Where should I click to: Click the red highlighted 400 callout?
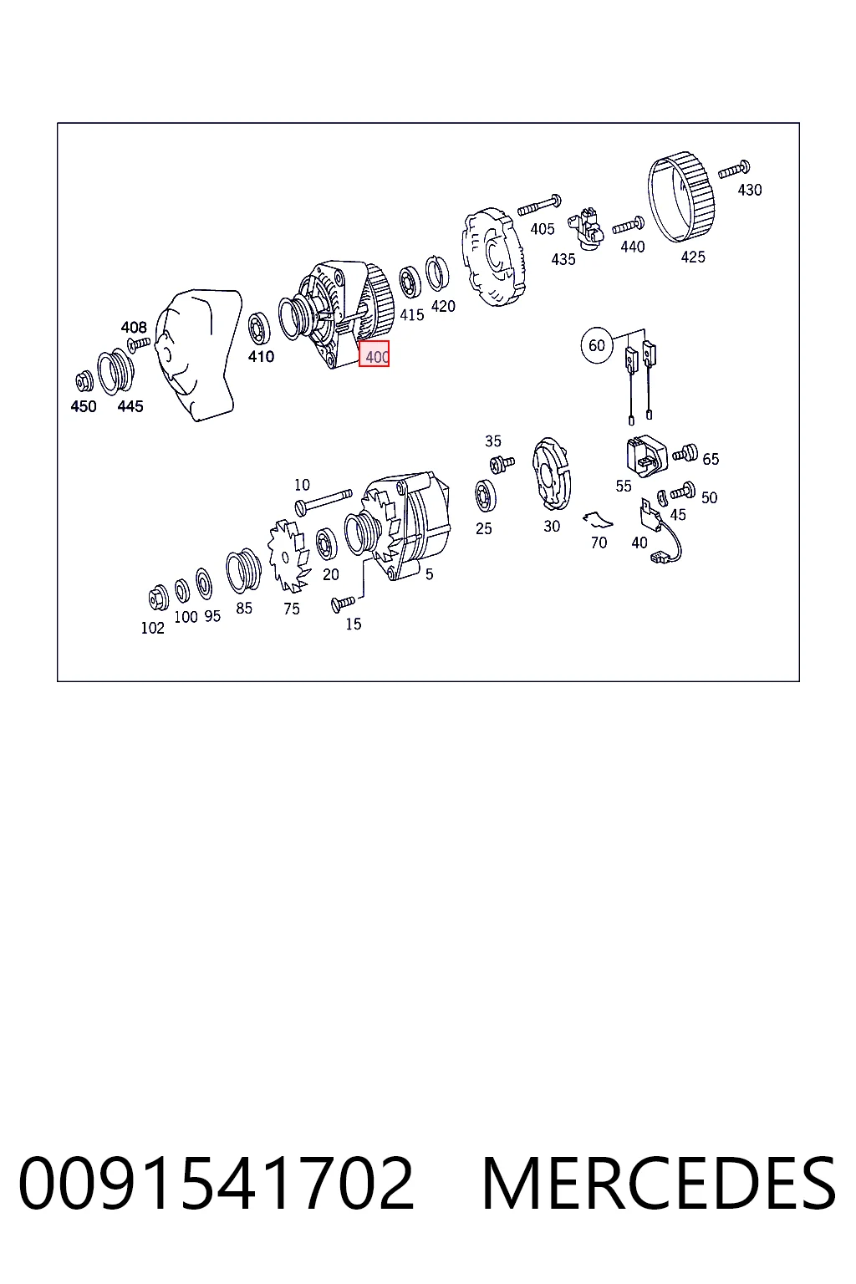coord(374,354)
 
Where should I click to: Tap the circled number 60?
coord(597,345)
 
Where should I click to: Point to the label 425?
coord(693,257)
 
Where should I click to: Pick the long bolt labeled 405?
coord(539,205)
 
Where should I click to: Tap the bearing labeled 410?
coord(258,329)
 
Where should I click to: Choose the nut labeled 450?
coord(84,382)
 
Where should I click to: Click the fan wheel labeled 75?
coord(289,555)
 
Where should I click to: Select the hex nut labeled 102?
coord(158,599)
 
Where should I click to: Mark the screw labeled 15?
coord(343,604)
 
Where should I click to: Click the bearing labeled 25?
coord(486,496)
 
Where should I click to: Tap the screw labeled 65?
coord(685,454)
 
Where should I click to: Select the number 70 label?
coord(599,543)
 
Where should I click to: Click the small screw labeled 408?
coord(139,344)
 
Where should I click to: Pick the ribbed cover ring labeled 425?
coord(681,197)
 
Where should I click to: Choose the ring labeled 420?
coord(437,273)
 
